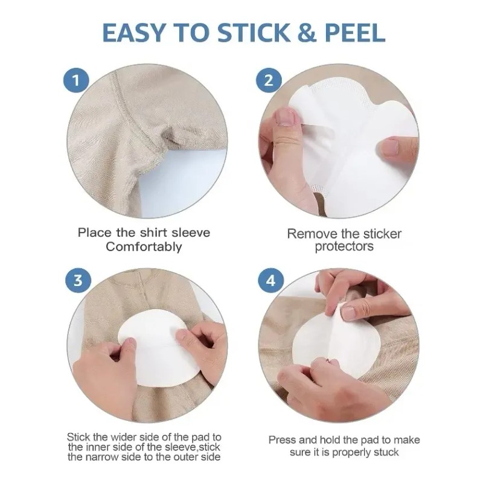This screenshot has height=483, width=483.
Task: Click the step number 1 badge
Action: [76, 80]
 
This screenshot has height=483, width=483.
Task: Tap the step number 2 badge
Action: [269, 80]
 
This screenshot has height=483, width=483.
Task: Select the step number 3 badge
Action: [78, 281]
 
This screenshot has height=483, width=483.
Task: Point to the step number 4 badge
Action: [270, 281]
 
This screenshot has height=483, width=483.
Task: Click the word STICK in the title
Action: [254, 33]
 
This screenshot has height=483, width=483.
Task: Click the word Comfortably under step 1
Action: [144, 247]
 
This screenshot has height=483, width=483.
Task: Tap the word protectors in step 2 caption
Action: [344, 246]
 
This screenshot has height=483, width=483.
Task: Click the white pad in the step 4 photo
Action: [330, 341]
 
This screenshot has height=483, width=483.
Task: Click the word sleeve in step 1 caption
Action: [191, 232]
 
